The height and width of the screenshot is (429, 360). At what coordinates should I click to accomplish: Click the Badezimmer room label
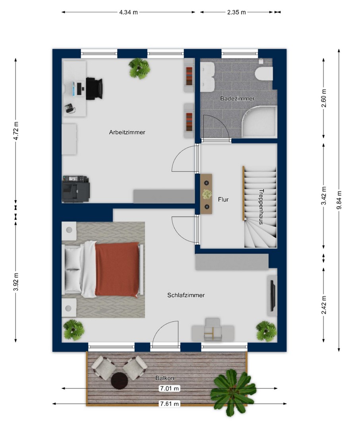(237, 99)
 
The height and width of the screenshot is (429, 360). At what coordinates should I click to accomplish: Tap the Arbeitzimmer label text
(127, 132)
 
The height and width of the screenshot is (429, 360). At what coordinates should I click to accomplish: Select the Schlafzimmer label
(186, 295)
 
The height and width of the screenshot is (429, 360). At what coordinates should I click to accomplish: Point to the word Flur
(223, 199)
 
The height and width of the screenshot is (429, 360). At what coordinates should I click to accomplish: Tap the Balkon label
(165, 378)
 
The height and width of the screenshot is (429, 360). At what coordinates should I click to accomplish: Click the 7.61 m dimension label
(169, 404)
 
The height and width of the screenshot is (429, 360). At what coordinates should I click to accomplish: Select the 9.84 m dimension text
(339, 200)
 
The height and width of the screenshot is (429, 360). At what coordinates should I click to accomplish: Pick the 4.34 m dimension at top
(128, 12)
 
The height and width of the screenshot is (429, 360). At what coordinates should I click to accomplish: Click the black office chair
(94, 88)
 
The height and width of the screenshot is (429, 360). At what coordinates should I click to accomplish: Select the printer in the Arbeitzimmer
(76, 189)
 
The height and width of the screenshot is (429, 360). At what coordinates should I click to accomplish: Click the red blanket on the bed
(117, 269)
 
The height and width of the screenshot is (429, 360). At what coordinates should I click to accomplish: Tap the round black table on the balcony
(119, 381)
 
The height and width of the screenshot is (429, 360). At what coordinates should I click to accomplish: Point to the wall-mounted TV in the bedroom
(273, 296)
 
